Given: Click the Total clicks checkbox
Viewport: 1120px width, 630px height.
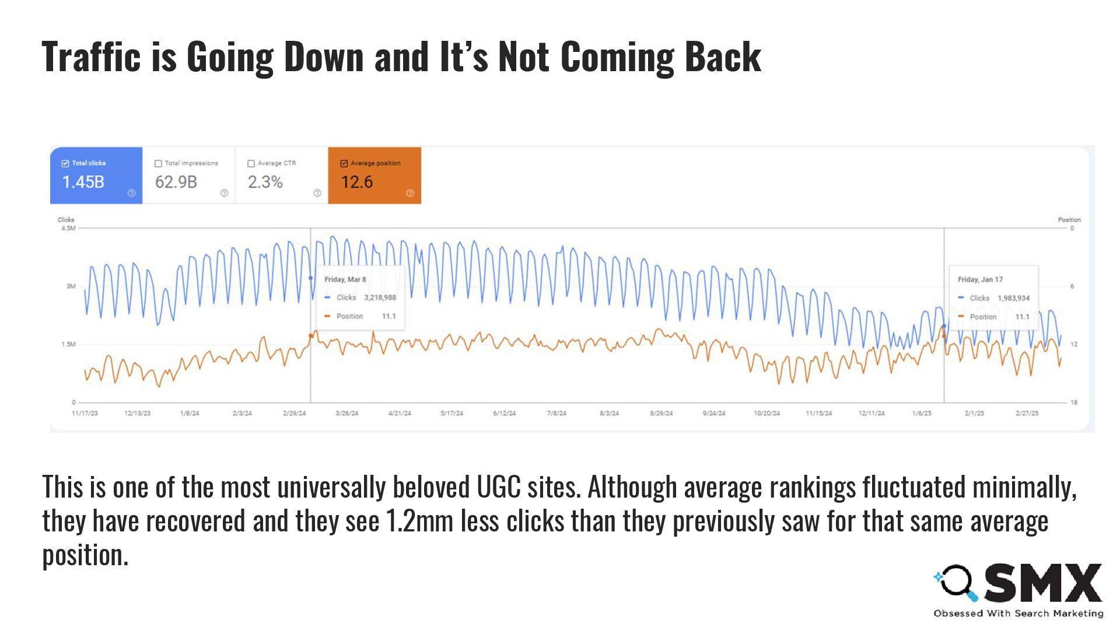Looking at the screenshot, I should click(x=65, y=163).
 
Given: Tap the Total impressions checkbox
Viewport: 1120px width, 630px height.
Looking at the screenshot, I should click(x=158, y=163).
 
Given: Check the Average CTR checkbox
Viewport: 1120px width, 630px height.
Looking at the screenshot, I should click(x=251, y=163).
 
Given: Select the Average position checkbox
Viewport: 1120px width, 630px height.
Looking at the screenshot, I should click(x=344, y=163).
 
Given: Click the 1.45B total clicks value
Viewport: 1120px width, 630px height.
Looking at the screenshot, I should click(x=83, y=182).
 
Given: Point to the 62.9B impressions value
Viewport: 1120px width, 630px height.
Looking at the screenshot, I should click(x=176, y=182).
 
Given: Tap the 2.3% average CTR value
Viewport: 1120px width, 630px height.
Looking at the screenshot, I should click(x=265, y=182).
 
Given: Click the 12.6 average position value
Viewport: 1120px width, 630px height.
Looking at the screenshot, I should click(x=356, y=182).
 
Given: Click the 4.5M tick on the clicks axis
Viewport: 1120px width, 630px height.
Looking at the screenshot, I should click(x=68, y=228).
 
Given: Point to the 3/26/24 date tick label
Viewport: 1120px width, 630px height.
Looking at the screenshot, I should click(x=347, y=413).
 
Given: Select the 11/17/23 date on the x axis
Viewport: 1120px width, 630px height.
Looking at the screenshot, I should click(x=85, y=413).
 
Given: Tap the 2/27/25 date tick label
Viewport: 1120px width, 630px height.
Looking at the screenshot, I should click(x=1027, y=413).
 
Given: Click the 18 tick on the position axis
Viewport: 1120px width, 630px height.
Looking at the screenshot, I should click(x=1073, y=402).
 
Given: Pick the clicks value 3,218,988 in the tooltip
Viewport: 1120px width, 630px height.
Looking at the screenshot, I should click(x=380, y=297).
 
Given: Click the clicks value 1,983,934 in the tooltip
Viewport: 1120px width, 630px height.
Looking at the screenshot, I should click(x=1013, y=298).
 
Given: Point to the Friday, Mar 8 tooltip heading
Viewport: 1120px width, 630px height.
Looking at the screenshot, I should click(x=345, y=279).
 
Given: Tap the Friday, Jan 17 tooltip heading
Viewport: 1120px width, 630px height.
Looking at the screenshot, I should click(x=980, y=279).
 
